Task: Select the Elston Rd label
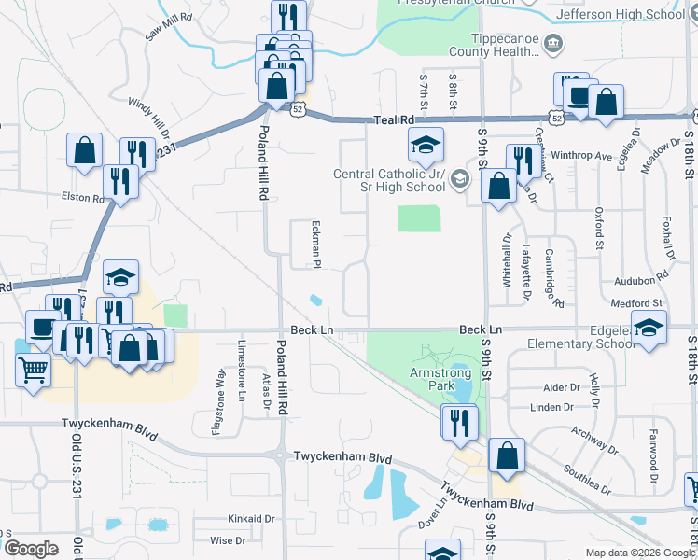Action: [83, 198]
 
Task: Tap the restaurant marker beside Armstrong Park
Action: [459, 422]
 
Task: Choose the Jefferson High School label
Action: [633, 14]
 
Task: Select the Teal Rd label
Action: [393, 120]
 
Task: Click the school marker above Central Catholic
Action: [425, 145]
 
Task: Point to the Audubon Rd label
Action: [641, 279]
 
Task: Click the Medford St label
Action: [636, 303]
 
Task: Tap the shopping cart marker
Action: [33, 371]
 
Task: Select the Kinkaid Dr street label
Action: [252, 518]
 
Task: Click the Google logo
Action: [31, 549]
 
